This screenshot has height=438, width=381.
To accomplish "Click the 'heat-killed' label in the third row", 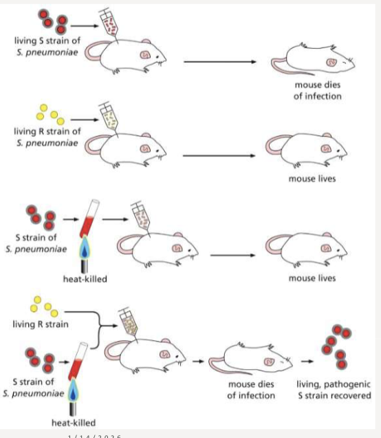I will [x=86, y=278].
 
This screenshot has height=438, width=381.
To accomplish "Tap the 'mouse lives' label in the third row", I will [x=312, y=278].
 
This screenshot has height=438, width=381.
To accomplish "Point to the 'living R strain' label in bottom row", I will [x=39, y=324].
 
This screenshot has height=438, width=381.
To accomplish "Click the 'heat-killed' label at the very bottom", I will [x=74, y=422].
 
